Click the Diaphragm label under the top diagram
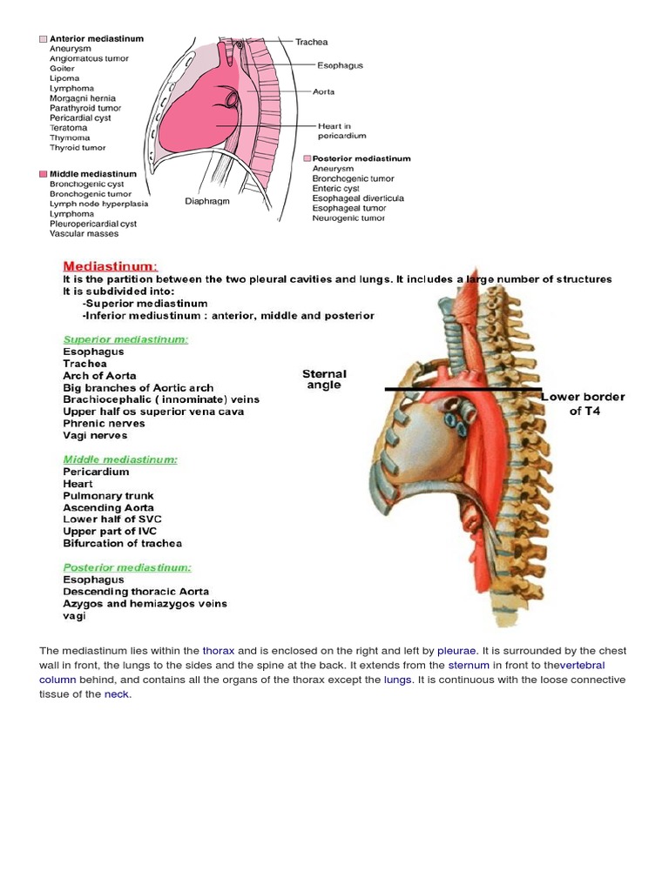point(206,201)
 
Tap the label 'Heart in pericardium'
point(341,131)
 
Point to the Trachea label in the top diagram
point(311,42)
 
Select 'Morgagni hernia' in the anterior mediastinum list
point(85,98)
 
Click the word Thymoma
point(71,137)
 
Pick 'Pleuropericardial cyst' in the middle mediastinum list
point(93,224)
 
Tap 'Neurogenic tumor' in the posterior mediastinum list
point(348,218)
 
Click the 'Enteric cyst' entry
point(335,188)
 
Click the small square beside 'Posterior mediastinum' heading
point(307,158)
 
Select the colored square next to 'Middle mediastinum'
point(43,174)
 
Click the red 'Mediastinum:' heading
point(110,265)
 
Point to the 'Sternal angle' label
point(324,379)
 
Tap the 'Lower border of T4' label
point(584,404)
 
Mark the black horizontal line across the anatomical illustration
point(463,389)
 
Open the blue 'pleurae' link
point(456,651)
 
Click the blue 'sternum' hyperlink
point(469,666)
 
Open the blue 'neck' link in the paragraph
point(117,694)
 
